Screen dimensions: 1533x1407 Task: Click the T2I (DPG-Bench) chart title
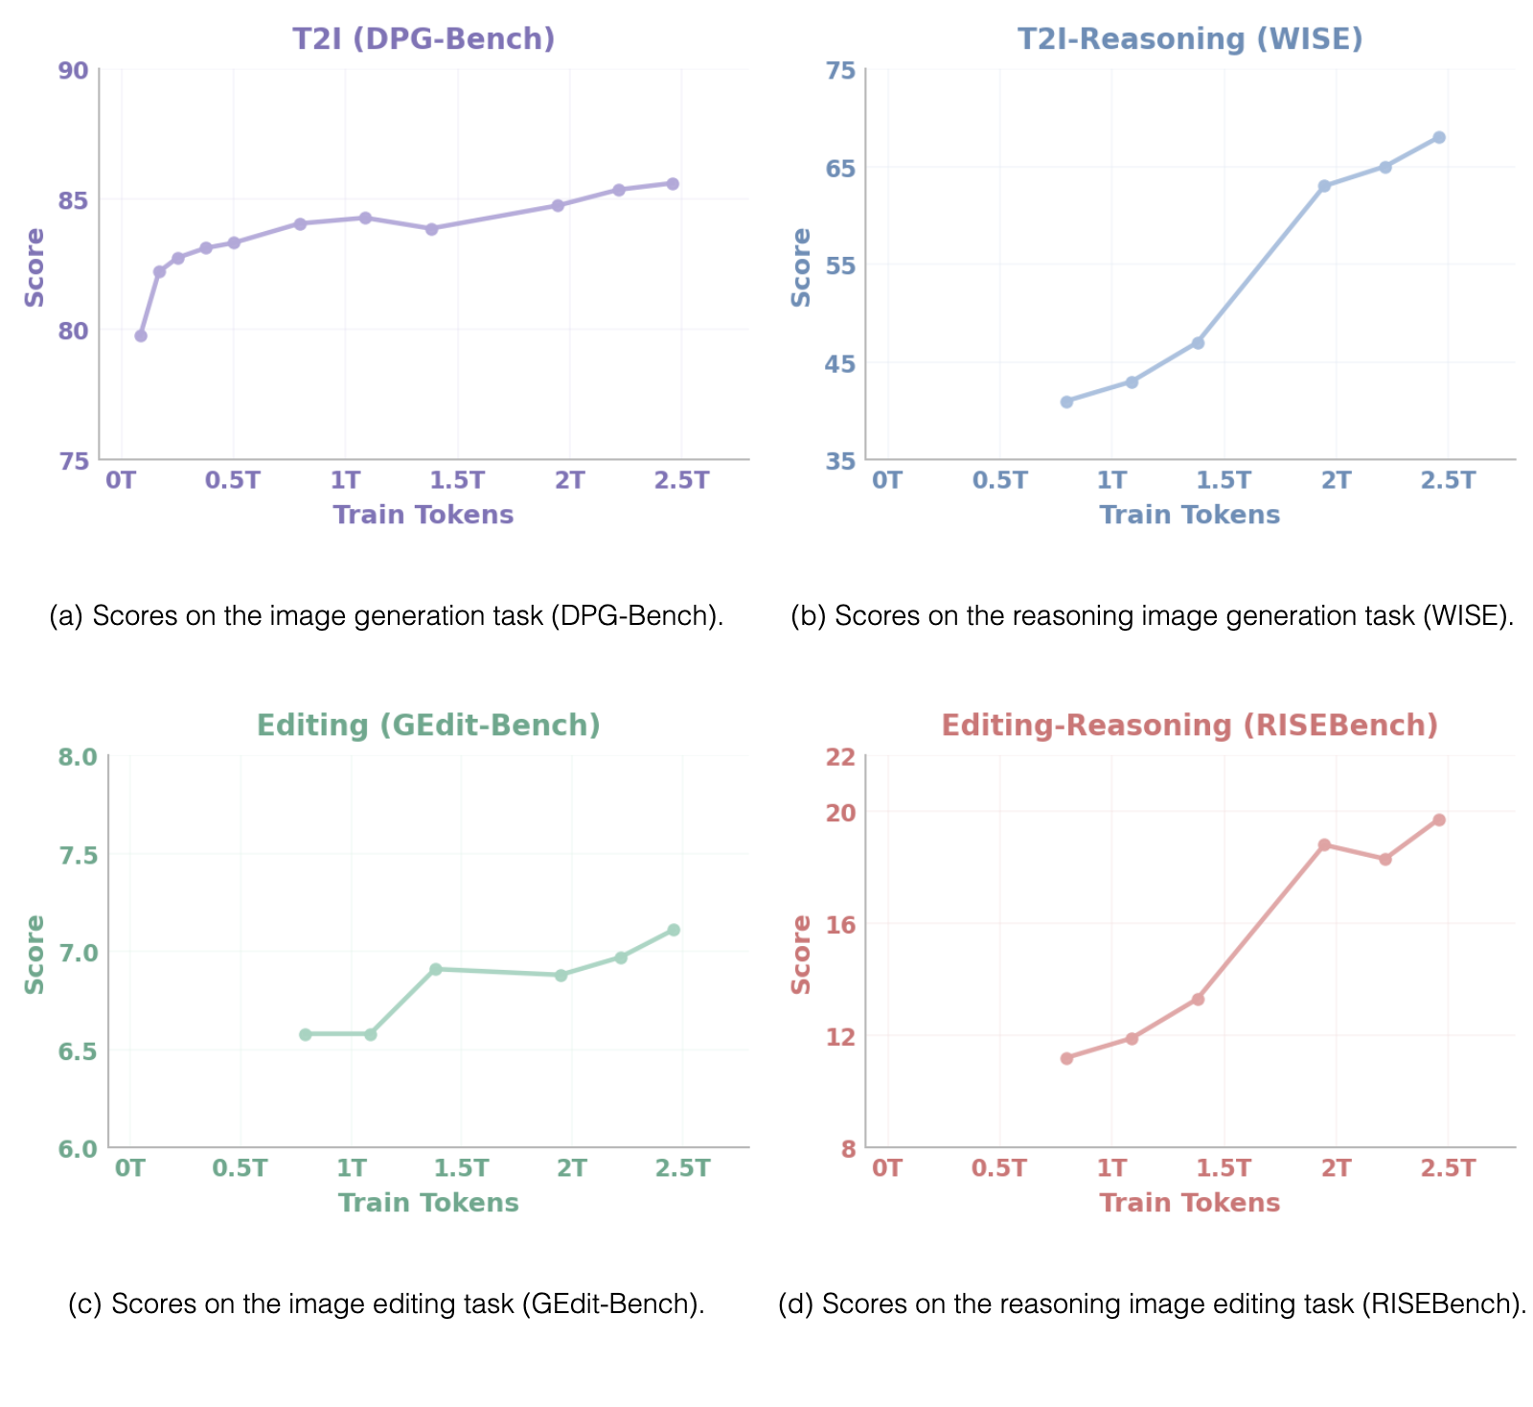coord(423,38)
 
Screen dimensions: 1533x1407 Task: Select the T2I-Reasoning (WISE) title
coord(1190,38)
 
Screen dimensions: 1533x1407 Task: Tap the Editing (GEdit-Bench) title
coord(428,726)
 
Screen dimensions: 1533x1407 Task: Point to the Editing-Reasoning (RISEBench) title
coord(1190,726)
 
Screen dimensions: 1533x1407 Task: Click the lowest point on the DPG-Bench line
coord(141,335)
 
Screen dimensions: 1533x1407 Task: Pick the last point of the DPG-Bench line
coord(673,183)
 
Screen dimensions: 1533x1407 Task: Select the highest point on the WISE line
coord(1439,137)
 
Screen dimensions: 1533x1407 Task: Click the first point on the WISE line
coord(1066,402)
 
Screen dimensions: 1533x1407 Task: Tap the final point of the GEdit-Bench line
coord(674,930)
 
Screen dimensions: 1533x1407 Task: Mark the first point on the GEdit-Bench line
coord(306,1034)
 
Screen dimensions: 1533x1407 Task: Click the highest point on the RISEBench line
coord(1439,819)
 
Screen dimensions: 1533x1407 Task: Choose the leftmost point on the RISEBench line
coord(1066,1058)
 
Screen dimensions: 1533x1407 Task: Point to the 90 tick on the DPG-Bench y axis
coord(74,71)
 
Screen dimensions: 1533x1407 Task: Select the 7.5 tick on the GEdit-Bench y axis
coord(78,855)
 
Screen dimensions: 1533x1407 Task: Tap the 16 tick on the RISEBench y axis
coord(840,925)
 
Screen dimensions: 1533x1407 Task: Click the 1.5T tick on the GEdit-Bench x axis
coord(462,1167)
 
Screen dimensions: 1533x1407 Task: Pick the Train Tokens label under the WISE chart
coord(1190,515)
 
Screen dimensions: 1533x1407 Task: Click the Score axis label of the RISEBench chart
coord(801,955)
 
